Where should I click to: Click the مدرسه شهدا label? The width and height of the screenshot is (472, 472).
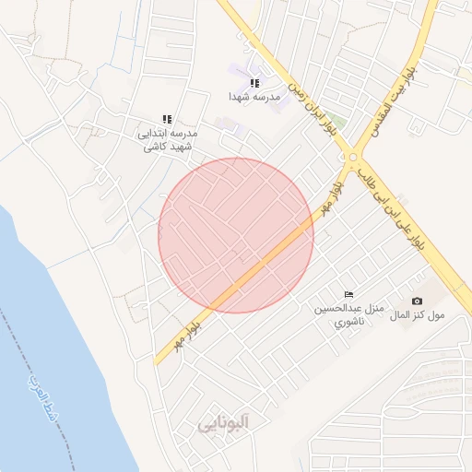[x=254, y=96]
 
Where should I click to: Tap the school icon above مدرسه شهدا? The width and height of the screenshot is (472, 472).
[x=254, y=83]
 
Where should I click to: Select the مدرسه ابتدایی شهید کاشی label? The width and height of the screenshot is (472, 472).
[x=167, y=139]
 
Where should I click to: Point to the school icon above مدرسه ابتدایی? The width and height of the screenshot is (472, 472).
[x=167, y=119]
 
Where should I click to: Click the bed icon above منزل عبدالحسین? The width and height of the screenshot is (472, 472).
[x=348, y=293]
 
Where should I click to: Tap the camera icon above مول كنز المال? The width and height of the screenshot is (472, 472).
[x=417, y=301]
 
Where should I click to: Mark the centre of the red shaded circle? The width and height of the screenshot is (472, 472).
[x=236, y=235]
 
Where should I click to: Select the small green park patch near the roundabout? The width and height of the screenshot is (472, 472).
[x=339, y=123]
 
